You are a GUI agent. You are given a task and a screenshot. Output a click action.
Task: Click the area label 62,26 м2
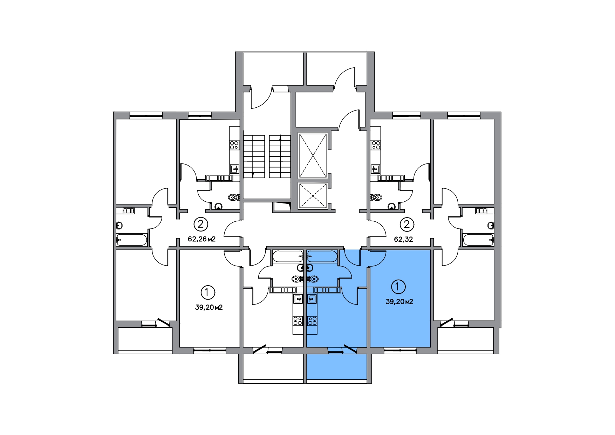pyautogui.click(x=201, y=240)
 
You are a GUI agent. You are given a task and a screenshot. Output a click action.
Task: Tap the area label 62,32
pyautogui.click(x=403, y=240)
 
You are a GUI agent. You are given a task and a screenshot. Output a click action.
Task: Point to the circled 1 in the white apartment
pyautogui.click(x=208, y=292)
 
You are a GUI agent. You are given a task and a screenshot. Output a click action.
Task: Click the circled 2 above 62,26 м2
pyautogui.click(x=201, y=224)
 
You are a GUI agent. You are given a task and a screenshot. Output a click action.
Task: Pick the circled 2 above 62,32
pyautogui.click(x=406, y=224)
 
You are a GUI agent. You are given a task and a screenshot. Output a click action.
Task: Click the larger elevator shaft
pyautogui.click(x=313, y=155)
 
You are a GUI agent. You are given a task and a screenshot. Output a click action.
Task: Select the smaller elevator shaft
pyautogui.click(x=313, y=196)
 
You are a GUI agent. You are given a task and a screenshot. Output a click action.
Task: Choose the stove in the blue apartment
pyautogui.click(x=312, y=321)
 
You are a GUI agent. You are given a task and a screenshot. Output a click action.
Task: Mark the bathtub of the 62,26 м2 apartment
pyautogui.click(x=132, y=240)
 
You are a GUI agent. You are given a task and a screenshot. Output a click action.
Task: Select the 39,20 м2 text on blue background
pyautogui.click(x=399, y=302)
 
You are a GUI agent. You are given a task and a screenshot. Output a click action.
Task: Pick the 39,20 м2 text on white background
pyautogui.click(x=209, y=308)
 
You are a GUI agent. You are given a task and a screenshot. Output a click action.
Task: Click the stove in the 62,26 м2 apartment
pyautogui.click(x=234, y=145)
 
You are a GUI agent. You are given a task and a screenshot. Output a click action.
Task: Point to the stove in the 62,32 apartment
pyautogui.click(x=376, y=145)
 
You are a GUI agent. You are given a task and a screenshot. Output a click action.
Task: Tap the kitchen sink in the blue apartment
pyautogui.click(x=312, y=299)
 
